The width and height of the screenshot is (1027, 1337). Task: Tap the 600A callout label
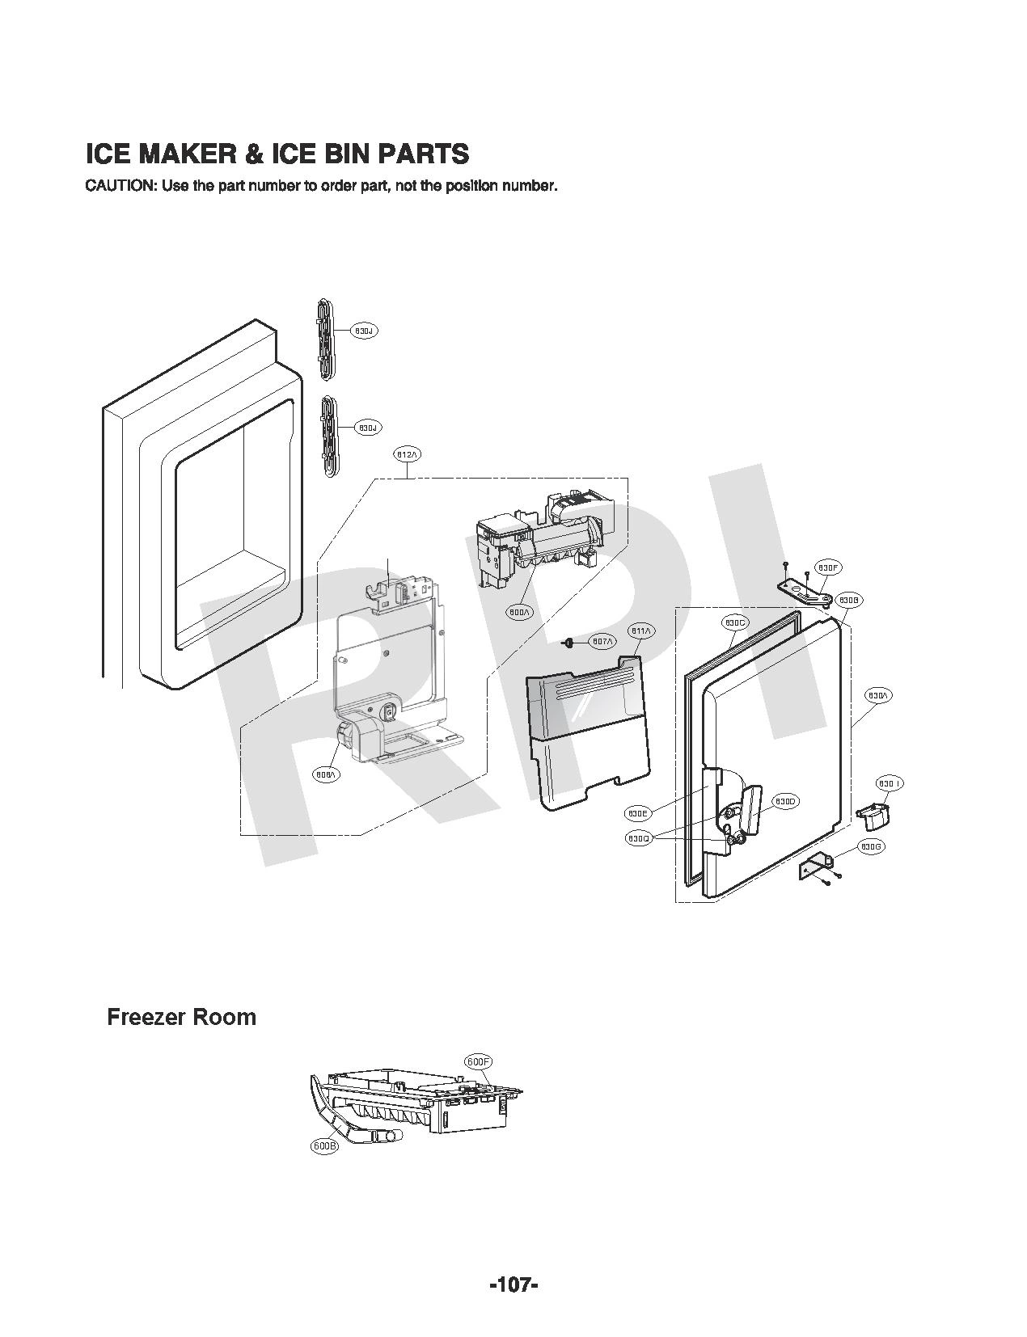(x=520, y=612)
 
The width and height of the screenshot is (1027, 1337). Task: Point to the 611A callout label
(x=640, y=630)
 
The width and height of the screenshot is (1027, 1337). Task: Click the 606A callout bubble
(x=327, y=774)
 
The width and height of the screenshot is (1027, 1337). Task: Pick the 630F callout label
(x=827, y=567)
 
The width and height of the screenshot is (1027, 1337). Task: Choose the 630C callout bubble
(x=735, y=622)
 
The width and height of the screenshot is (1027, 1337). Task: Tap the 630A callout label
(x=879, y=695)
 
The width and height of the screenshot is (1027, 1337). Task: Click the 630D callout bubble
(x=785, y=801)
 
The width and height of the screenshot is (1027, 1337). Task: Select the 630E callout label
(x=638, y=812)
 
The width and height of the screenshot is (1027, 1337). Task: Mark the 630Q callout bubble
(x=638, y=838)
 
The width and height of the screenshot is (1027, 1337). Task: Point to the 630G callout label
(x=870, y=846)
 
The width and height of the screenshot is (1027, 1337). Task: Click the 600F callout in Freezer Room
(x=479, y=1061)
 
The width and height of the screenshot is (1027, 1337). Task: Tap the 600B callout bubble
(x=324, y=1145)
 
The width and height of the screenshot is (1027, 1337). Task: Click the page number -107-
(x=513, y=1284)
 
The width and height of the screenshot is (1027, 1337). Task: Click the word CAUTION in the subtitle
(x=120, y=186)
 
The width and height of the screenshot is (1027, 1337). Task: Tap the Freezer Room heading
(x=181, y=1017)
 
